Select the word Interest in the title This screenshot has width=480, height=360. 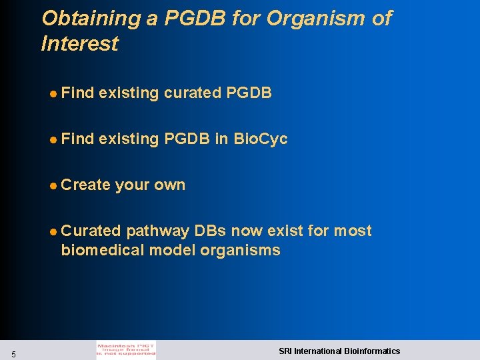click(x=79, y=44)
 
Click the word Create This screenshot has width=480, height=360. click(x=85, y=185)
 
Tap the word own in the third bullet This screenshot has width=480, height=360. click(x=170, y=185)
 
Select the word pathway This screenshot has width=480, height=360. click(x=158, y=231)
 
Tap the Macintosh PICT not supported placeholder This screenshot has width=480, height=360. click(x=126, y=351)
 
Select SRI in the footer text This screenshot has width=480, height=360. click(x=285, y=351)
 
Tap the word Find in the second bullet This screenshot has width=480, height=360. click(x=77, y=139)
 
